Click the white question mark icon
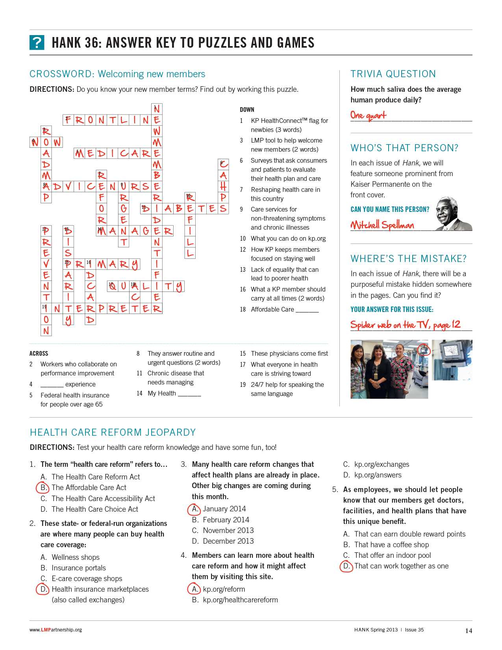click(37, 43)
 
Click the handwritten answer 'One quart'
click(368, 115)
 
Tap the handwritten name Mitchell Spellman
click(382, 225)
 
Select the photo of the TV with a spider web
click(452, 360)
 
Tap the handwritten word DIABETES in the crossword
click(184, 208)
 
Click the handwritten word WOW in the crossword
click(46, 142)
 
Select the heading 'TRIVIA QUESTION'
click(393, 74)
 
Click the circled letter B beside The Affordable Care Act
click(42, 488)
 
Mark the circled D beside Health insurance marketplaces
click(42, 589)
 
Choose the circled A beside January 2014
click(194, 509)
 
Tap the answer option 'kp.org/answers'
click(378, 475)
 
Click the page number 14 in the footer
click(468, 631)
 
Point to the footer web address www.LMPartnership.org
click(56, 630)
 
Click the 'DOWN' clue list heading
click(247, 110)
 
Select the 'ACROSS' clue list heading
click(39, 353)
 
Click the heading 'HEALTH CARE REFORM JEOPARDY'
click(113, 433)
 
